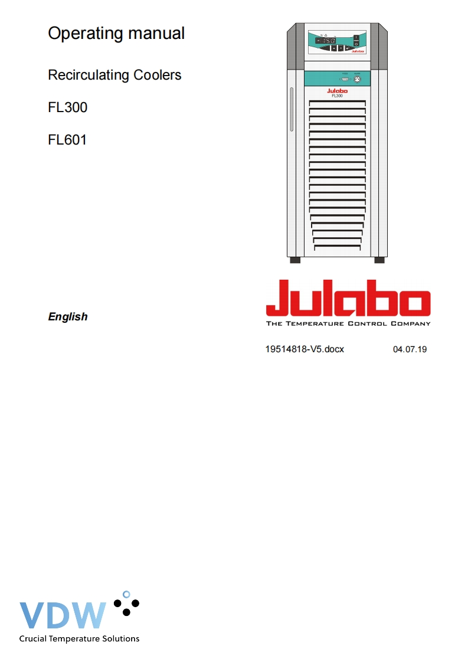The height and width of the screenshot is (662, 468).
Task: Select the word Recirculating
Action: [x=89, y=75]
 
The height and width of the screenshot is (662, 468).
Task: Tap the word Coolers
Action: [x=158, y=75]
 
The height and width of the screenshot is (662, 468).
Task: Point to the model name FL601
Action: [x=67, y=140]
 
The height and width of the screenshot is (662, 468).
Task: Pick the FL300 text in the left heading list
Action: [x=68, y=107]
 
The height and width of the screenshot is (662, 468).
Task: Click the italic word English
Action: [x=68, y=317]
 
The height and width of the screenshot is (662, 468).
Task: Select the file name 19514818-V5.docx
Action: [x=305, y=349]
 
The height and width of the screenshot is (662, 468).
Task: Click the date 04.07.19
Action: [x=410, y=349]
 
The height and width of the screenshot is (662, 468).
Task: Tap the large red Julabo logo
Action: [x=348, y=298]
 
